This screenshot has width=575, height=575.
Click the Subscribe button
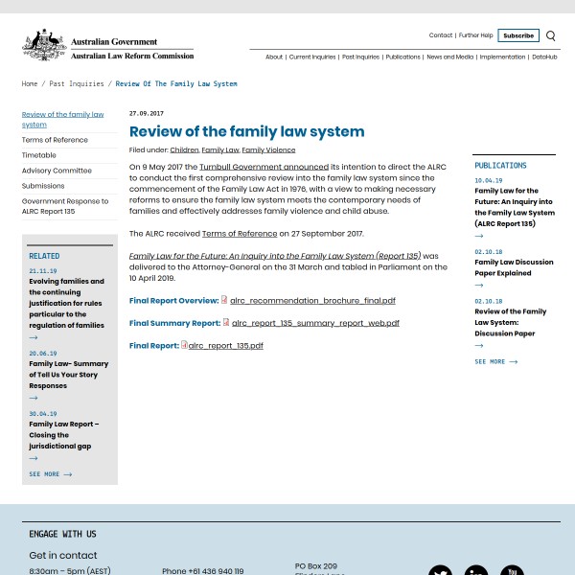(x=518, y=35)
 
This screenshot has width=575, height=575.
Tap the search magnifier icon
(x=550, y=36)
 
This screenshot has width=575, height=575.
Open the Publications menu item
(x=402, y=57)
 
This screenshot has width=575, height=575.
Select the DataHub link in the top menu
(x=544, y=57)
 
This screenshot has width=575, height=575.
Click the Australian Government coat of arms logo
(x=44, y=45)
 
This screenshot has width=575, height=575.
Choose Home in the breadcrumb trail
(x=30, y=83)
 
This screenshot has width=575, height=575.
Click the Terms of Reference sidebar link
(x=55, y=140)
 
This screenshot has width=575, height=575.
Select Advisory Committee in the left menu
(x=57, y=171)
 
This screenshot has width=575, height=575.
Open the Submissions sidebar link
(x=43, y=186)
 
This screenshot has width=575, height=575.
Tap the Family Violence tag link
(x=268, y=149)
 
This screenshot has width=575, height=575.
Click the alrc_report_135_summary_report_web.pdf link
(x=315, y=323)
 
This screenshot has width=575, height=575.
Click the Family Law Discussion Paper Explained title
(x=514, y=266)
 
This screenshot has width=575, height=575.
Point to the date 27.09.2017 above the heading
(x=147, y=113)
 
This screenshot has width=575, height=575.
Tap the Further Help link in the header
(x=474, y=35)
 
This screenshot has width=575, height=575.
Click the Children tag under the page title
(x=184, y=149)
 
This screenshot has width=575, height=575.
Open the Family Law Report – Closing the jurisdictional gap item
(x=63, y=434)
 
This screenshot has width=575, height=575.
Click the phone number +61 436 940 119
(x=202, y=571)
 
